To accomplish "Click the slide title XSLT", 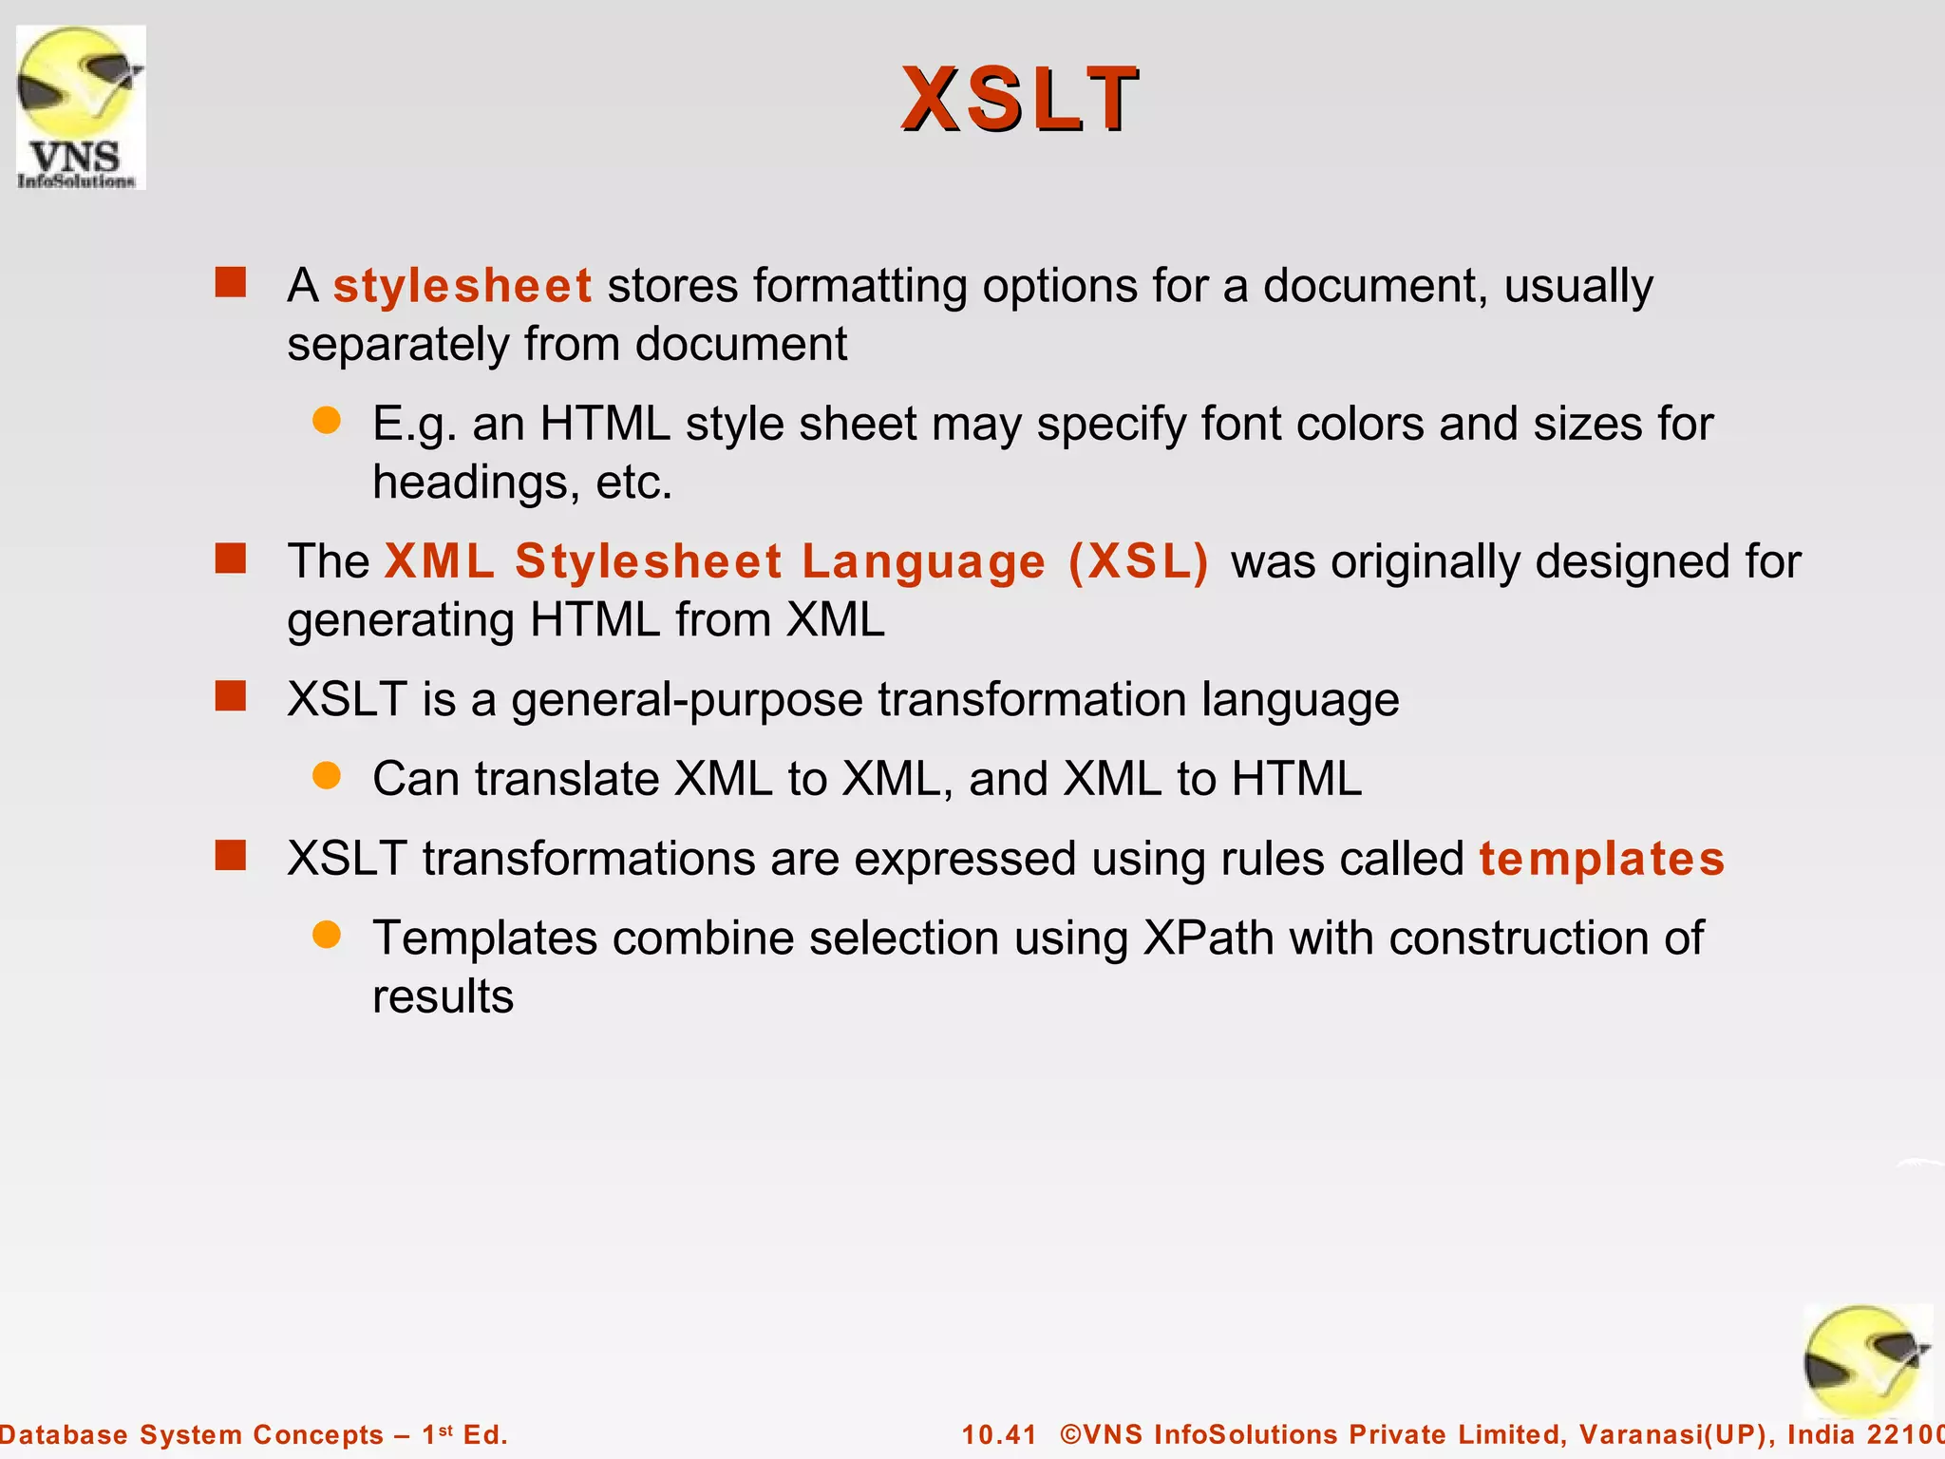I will (x=1020, y=99).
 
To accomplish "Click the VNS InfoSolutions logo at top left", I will (x=81, y=107).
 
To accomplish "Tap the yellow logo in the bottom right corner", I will (x=1866, y=1361).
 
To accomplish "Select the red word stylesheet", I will (x=463, y=286).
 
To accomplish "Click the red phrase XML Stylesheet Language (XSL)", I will (x=796, y=561).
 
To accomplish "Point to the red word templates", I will (x=1601, y=859).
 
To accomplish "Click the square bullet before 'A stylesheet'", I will (x=231, y=282).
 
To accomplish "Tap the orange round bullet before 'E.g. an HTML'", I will (x=327, y=421).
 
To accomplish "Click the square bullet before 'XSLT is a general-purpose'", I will (x=231, y=696).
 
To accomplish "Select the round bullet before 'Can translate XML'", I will (x=327, y=776).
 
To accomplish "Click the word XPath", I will (x=1208, y=938).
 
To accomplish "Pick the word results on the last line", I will (x=443, y=997).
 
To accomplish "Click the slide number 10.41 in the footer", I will (x=999, y=1434).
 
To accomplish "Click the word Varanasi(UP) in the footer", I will (x=1676, y=1434).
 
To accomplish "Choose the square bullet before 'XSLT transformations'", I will (x=231, y=856).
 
